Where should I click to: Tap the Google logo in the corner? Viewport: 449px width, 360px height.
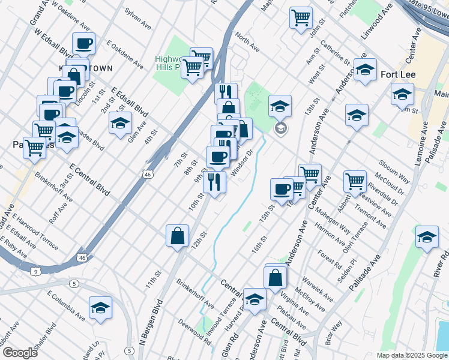pyautogui.click(x=19, y=352)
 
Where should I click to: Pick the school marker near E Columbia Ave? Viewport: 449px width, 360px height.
pyautogui.click(x=100, y=307)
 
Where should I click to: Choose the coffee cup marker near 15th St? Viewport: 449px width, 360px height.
pyautogui.click(x=282, y=189)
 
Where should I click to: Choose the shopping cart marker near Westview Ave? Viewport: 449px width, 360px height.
pyautogui.click(x=355, y=181)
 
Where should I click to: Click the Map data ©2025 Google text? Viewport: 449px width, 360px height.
pyautogui.click(x=411, y=355)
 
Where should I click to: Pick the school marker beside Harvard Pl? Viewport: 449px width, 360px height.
pyautogui.click(x=255, y=299)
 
